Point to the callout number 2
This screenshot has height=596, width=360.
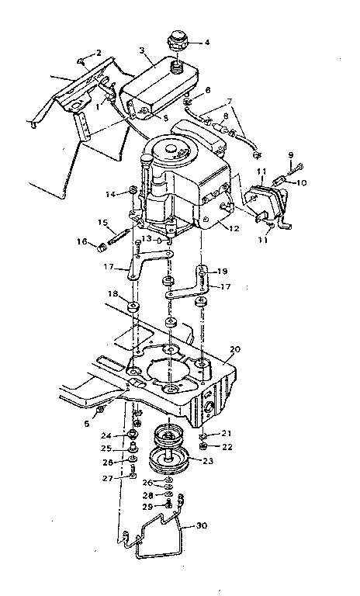[99, 52]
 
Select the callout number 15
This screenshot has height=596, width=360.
[102, 223]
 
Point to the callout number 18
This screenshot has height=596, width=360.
[112, 296]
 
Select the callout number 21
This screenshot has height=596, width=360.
[227, 433]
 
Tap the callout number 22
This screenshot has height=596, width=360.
[227, 447]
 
